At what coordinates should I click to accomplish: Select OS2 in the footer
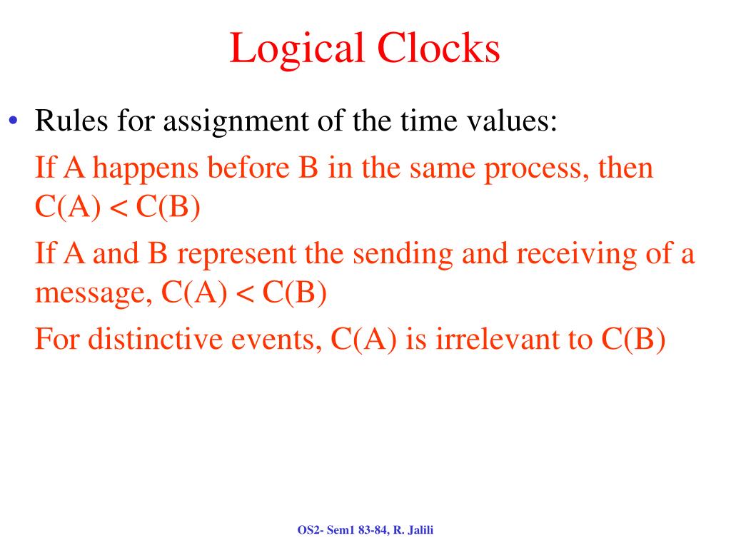[x=308, y=531]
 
